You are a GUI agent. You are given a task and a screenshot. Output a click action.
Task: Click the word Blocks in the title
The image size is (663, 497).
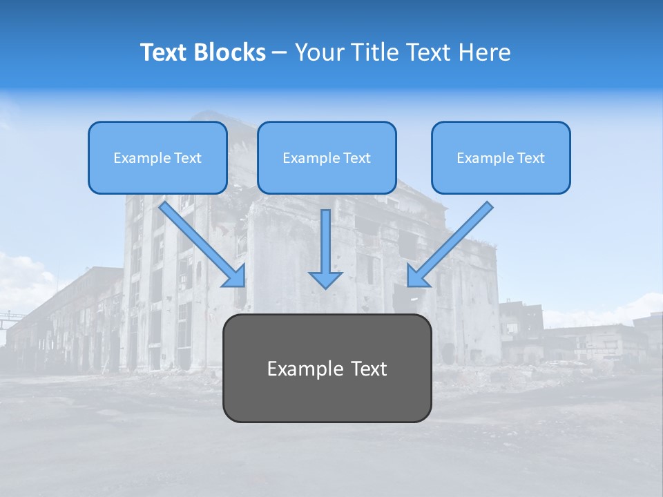(x=230, y=52)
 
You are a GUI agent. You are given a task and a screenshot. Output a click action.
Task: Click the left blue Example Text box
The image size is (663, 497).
(x=157, y=157)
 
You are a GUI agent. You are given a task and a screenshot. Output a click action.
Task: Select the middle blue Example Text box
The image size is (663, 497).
(x=327, y=157)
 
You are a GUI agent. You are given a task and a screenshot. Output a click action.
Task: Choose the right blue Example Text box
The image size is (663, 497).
(x=501, y=157)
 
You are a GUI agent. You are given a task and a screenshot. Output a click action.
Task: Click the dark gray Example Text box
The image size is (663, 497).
(x=327, y=368)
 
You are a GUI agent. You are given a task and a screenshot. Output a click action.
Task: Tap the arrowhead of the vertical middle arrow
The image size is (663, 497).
(x=325, y=278)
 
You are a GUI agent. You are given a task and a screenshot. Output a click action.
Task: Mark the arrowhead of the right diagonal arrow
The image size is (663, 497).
(x=416, y=277)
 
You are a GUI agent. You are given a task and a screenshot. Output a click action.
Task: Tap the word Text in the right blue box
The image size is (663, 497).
(x=530, y=158)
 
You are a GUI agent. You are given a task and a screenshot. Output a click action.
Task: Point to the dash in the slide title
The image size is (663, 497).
(x=279, y=52)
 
